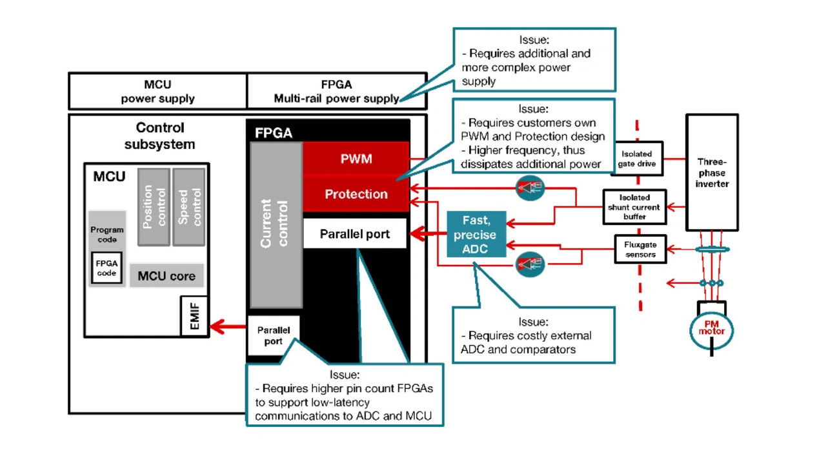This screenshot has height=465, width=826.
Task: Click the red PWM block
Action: pyautogui.click(x=356, y=159)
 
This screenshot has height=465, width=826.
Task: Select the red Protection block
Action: pyautogui.click(x=356, y=194)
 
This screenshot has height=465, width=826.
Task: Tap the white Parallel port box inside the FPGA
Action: pyautogui.click(x=355, y=234)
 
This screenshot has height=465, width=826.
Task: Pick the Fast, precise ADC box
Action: pyautogui.click(x=476, y=235)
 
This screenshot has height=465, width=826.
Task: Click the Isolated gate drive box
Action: pyautogui.click(x=636, y=159)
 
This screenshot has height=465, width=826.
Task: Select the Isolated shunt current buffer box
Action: pyautogui.click(x=634, y=207)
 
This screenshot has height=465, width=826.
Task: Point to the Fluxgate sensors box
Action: pyautogui.click(x=640, y=249)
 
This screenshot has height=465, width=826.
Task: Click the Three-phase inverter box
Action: pyautogui.click(x=711, y=172)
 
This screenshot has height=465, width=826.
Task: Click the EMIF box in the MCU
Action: pyautogui.click(x=194, y=316)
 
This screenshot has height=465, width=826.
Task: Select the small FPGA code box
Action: pyautogui.click(x=106, y=268)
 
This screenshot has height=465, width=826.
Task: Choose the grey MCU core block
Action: pyautogui.click(x=166, y=276)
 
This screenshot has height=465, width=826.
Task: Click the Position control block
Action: pyautogui.click(x=154, y=206)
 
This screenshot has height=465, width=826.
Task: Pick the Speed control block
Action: pyautogui.click(x=189, y=206)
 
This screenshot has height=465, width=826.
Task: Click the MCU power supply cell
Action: pyautogui.click(x=157, y=91)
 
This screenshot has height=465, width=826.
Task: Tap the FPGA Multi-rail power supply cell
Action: pyautogui.click(x=336, y=91)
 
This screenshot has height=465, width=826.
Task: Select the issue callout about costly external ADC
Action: pyautogui.click(x=533, y=335)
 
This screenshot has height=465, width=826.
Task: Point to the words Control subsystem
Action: pyautogui.click(x=159, y=135)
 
